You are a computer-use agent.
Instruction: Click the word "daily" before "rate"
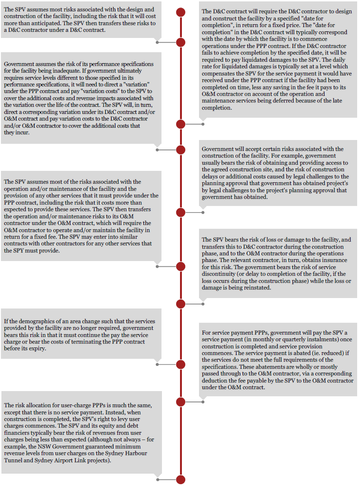(x=346, y=60)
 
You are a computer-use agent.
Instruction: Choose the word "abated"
(x=326, y=353)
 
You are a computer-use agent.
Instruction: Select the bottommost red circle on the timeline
(x=180, y=479)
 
